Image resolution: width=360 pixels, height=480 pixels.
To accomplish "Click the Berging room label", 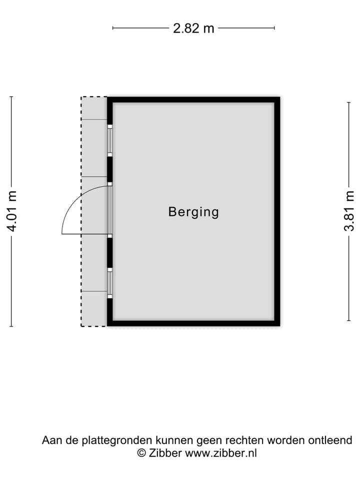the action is (193, 212).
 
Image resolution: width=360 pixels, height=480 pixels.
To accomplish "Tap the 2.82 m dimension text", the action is (193, 28).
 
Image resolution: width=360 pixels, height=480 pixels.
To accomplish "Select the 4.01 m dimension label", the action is (12, 211).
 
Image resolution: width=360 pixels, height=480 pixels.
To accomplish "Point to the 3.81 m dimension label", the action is (349, 210).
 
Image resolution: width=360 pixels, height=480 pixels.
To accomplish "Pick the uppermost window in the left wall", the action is (109, 140).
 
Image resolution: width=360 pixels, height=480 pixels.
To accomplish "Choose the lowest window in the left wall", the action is (109, 283).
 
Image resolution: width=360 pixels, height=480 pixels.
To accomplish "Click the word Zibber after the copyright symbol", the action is (165, 453).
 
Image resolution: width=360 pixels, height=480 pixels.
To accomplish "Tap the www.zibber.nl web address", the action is (221, 453).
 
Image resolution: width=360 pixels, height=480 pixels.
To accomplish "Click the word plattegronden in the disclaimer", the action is (117, 440).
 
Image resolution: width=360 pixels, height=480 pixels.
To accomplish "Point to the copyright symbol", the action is (141, 453).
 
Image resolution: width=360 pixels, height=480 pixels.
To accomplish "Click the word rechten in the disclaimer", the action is (244, 440).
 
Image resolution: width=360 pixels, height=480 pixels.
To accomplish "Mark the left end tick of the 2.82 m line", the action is (113, 28).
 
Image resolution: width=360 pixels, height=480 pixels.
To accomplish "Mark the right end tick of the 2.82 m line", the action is (274, 28).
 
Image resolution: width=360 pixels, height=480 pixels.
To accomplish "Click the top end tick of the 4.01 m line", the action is (11, 96).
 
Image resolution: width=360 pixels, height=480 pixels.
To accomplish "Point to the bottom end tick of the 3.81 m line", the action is (348, 320).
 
